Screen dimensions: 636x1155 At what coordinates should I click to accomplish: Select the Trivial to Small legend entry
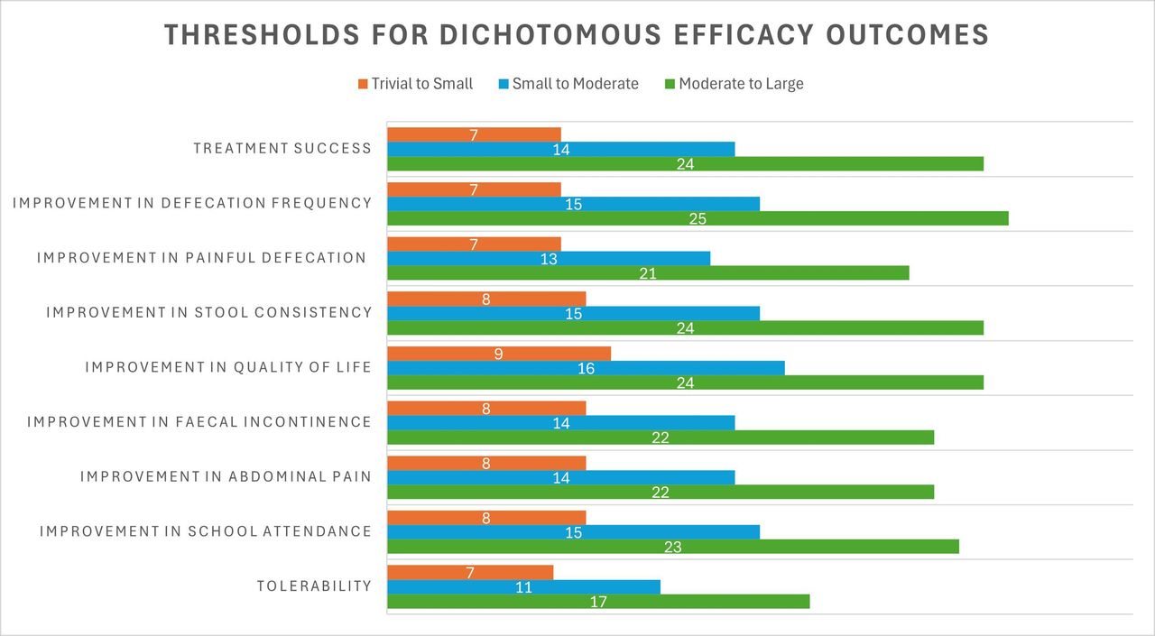click(415, 84)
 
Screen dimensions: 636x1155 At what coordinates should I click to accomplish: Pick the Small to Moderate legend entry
click(568, 84)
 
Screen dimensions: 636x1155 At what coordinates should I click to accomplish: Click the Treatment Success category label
click(282, 149)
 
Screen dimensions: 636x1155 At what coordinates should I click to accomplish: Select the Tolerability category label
click(314, 586)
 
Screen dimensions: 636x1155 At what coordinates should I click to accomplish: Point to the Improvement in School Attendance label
click(206, 531)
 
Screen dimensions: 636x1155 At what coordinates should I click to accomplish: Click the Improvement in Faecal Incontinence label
click(199, 422)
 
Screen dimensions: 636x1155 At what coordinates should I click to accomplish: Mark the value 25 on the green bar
click(697, 218)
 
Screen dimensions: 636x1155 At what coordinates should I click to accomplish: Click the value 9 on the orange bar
click(498, 354)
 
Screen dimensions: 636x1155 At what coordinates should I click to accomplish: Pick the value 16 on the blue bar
click(586, 368)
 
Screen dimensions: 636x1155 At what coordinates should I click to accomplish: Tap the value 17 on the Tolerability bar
click(598, 602)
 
